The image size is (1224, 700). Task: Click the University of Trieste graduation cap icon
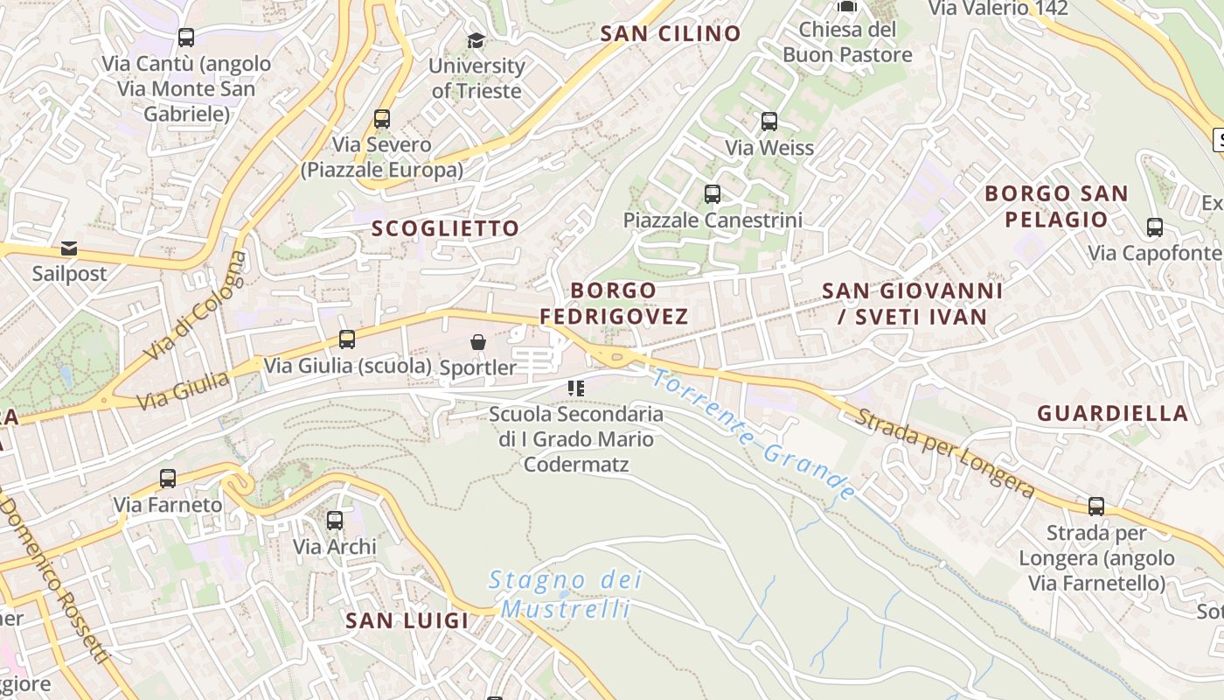point(476,40)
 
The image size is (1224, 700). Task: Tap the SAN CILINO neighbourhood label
point(671,34)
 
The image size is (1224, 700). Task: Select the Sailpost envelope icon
point(69,248)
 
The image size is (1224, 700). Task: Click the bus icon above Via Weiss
point(769,122)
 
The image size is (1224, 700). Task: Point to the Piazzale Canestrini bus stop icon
point(713,193)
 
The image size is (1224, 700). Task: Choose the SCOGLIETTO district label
point(446,228)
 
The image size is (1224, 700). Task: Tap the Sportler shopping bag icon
point(478,341)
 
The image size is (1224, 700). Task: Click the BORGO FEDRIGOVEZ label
point(614,303)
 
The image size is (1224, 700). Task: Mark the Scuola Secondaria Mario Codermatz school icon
point(575,388)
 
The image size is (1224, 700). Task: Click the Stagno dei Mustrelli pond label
point(566,594)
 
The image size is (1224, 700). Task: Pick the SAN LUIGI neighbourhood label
point(407,620)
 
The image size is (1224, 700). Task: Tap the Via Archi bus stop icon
point(334,521)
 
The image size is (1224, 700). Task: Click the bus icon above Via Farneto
point(168,479)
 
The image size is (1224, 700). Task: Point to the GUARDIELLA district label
point(1113,413)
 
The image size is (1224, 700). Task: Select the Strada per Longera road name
point(945,452)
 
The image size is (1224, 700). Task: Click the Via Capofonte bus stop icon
point(1155,227)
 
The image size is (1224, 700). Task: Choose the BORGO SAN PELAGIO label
point(1056,206)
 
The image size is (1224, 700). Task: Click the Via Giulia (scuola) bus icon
point(347,339)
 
